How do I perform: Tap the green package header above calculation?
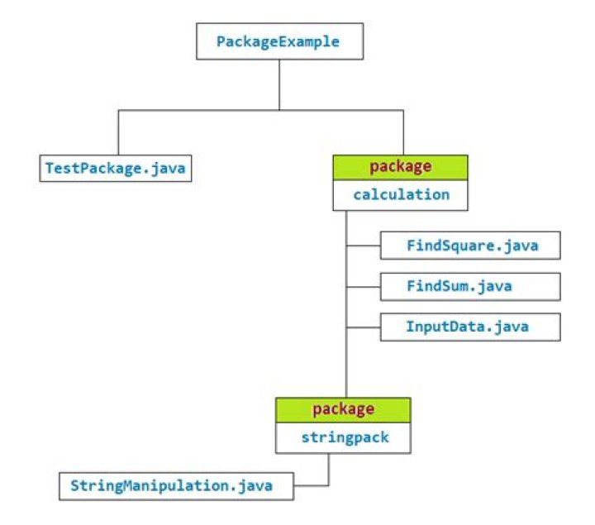click(401, 166)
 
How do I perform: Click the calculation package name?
click(401, 195)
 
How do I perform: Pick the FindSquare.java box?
click(470, 246)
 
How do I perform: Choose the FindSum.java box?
click(470, 286)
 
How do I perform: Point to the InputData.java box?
click(470, 327)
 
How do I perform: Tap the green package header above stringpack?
click(343, 409)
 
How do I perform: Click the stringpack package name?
click(343, 438)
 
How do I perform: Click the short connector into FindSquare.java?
click(364, 246)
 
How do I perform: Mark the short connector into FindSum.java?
click(364, 287)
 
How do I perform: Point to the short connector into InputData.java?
click(364, 327)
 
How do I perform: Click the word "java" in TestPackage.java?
click(165, 168)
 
